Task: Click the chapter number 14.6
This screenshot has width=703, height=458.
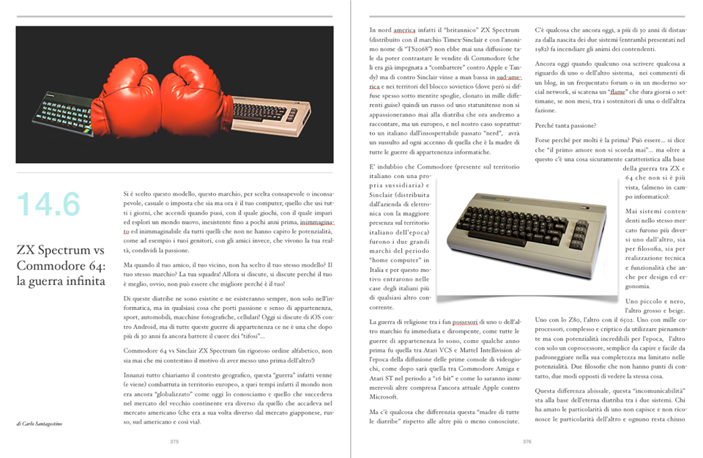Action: (48, 204)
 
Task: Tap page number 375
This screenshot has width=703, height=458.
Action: (174, 442)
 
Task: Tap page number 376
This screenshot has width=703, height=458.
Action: (527, 442)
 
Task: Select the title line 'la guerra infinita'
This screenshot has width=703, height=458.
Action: (62, 280)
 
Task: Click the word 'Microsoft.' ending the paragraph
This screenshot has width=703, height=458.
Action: (389, 396)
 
